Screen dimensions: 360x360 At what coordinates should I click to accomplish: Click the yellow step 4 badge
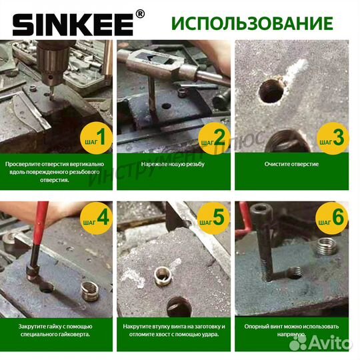tap(93, 217)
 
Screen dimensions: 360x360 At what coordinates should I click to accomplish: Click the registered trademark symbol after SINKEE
tap(139, 13)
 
